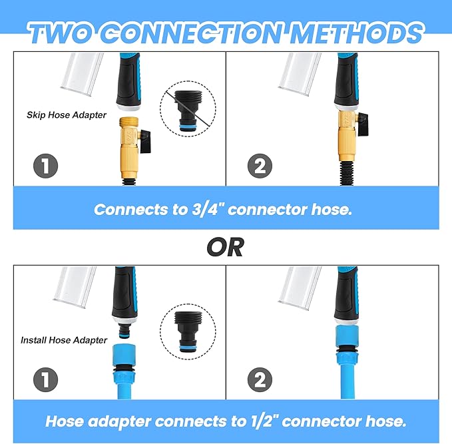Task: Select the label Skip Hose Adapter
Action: pyautogui.click(x=67, y=115)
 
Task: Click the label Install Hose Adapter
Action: pyautogui.click(x=64, y=340)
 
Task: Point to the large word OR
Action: pyautogui.click(x=226, y=248)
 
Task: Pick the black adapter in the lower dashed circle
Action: pyautogui.click(x=188, y=332)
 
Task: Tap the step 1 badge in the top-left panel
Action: pyautogui.click(x=45, y=166)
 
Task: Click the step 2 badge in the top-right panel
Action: pyautogui.click(x=260, y=166)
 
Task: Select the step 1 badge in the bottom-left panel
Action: pyautogui.click(x=45, y=379)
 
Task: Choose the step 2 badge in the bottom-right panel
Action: pyautogui.click(x=260, y=379)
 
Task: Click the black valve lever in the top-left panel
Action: pyautogui.click(x=146, y=141)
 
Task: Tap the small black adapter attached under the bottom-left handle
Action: pyautogui.click(x=126, y=330)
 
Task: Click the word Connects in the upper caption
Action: pyautogui.click(x=131, y=209)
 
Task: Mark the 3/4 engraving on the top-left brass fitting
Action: pyautogui.click(x=129, y=134)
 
